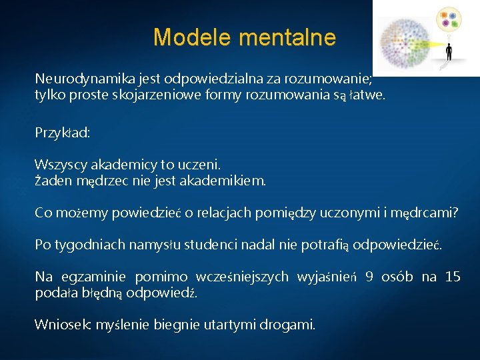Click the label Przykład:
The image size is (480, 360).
pyautogui.click(x=63, y=132)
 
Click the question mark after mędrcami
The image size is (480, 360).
pyautogui.click(x=455, y=213)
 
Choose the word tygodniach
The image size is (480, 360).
pyautogui.click(x=87, y=245)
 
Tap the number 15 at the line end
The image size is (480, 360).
pyautogui.click(x=452, y=277)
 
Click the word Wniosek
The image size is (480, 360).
pyautogui.click(x=63, y=325)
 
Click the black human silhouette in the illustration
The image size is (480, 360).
pyautogui.click(x=449, y=52)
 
